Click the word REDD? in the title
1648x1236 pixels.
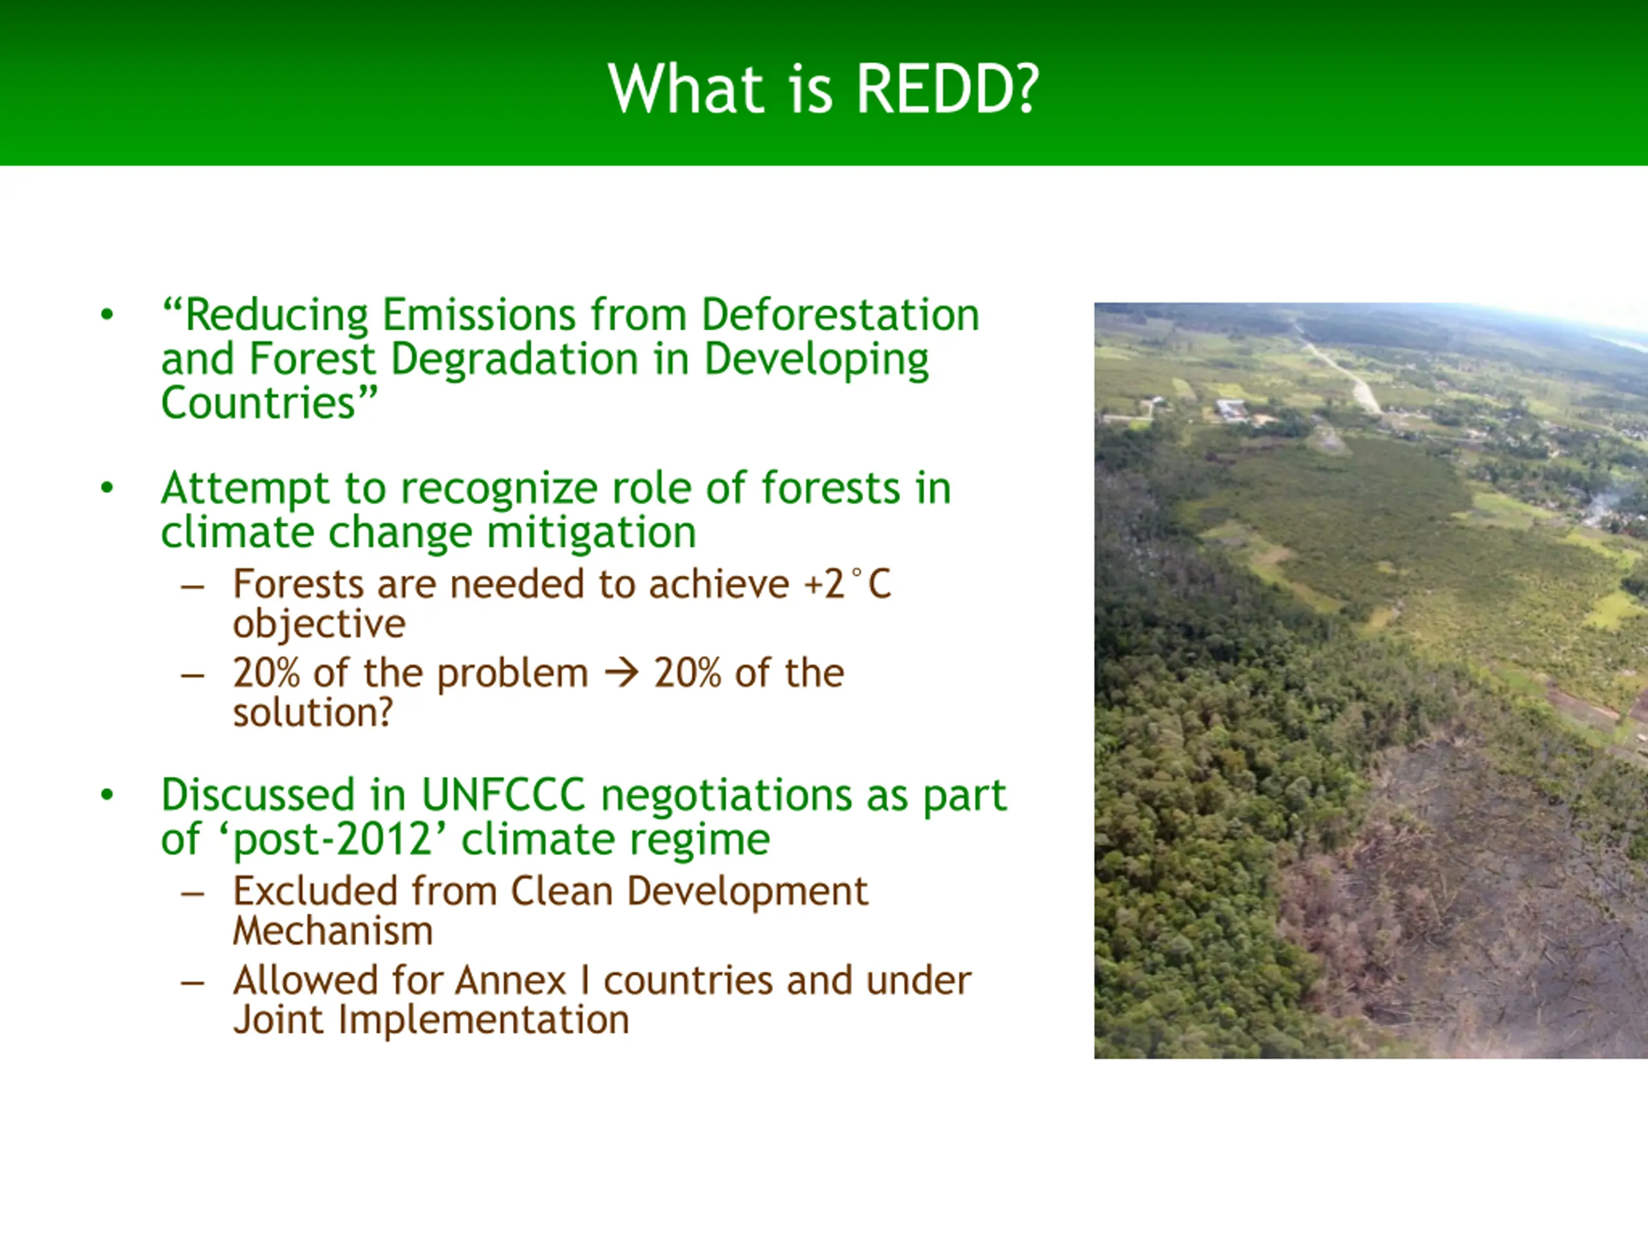click(946, 89)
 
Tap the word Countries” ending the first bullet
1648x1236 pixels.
click(270, 403)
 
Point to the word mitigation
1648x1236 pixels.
click(592, 532)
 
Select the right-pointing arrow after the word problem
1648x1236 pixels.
click(621, 673)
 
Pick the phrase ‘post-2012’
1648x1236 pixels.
click(332, 839)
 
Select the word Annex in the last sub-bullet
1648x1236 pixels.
click(511, 980)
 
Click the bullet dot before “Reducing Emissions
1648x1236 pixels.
click(108, 315)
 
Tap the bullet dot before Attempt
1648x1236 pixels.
click(108, 489)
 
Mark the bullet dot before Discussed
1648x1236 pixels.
click(108, 796)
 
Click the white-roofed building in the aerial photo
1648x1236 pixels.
click(1233, 408)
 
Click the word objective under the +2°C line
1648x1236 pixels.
click(319, 624)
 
